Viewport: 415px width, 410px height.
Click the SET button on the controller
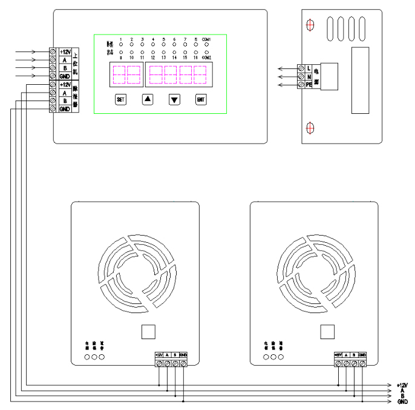coord(120,99)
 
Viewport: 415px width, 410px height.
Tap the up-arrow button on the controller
coord(148,99)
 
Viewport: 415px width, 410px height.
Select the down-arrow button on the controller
coord(175,99)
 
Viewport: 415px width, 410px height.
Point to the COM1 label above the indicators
coord(206,39)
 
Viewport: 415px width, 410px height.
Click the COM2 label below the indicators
coord(206,57)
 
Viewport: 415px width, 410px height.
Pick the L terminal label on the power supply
coord(309,68)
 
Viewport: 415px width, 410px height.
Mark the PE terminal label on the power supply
coord(309,86)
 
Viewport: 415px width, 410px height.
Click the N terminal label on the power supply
coord(309,77)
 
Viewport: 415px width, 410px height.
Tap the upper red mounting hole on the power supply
coord(310,25)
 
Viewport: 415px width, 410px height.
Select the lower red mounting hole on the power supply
coord(310,128)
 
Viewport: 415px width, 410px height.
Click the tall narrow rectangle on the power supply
coord(360,81)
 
